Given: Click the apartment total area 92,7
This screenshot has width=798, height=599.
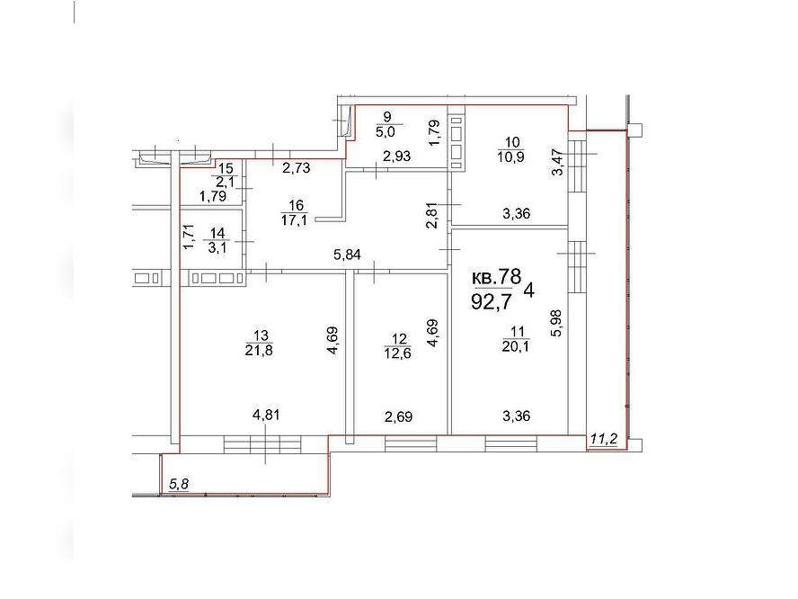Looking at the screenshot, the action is point(492,302).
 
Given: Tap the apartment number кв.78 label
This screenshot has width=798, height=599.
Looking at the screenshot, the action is point(497,277).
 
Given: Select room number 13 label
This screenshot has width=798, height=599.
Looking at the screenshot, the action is point(261,335).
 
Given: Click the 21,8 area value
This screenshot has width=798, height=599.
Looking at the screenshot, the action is point(259,351).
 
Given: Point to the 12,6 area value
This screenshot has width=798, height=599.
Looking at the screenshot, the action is point(399,353).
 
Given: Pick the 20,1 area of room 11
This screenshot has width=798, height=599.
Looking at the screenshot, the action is point(517,346).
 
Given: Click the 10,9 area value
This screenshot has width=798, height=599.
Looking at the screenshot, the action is point(511,156).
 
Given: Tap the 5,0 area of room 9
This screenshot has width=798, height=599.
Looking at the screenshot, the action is point(386,132).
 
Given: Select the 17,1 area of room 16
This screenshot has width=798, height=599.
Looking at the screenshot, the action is point(294,220).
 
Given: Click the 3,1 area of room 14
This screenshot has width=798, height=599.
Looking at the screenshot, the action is point(217,248).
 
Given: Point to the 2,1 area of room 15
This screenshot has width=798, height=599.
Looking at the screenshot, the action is point(225,182).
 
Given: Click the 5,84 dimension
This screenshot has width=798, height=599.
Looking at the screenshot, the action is point(347,255).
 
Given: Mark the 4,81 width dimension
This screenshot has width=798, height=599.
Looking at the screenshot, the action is point(266,415).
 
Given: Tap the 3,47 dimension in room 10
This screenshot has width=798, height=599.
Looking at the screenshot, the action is point(558,162).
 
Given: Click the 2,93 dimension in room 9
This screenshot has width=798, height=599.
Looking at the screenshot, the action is point(396,156).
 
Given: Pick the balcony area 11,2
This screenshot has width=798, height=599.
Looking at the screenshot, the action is point(604,438).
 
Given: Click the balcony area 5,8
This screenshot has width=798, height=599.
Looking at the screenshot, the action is point(179,483).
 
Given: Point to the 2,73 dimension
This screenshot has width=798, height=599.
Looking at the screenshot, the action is point(297,167).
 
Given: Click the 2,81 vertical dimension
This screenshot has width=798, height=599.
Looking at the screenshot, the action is point(432,216).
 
